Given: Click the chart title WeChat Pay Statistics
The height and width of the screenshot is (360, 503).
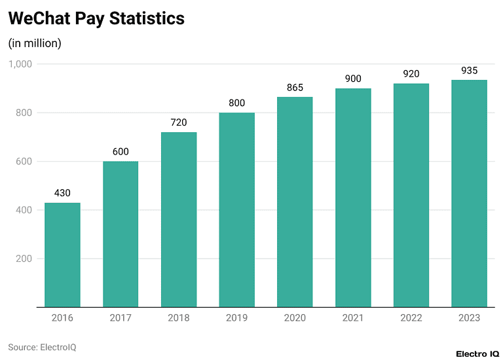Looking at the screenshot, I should pyautogui.click(x=96, y=19).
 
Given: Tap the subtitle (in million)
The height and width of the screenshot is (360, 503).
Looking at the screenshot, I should pyautogui.click(x=35, y=44).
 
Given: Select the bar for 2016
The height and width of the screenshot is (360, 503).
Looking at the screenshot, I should pyautogui.click(x=62, y=255).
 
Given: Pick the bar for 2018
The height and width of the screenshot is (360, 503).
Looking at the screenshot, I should pyautogui.click(x=179, y=219).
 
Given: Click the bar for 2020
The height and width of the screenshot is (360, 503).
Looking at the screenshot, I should pyautogui.click(x=295, y=202).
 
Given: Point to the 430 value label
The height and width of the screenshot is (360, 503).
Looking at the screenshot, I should pyautogui.click(x=62, y=193).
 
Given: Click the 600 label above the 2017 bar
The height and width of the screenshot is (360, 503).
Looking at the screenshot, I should pyautogui.click(x=121, y=152).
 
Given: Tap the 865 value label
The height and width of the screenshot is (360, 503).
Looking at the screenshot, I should pyautogui.click(x=295, y=87).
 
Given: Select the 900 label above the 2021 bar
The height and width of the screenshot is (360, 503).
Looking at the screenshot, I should pyautogui.click(x=353, y=79).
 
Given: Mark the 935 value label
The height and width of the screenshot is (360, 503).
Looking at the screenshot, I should pyautogui.click(x=469, y=70).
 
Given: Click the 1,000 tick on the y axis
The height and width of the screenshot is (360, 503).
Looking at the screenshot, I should pyautogui.click(x=20, y=64).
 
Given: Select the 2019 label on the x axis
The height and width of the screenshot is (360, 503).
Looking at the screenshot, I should pyautogui.click(x=236, y=318).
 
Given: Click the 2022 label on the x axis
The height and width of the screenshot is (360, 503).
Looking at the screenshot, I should pyautogui.click(x=411, y=318).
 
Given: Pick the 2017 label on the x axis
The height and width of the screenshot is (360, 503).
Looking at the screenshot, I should pyautogui.click(x=121, y=318).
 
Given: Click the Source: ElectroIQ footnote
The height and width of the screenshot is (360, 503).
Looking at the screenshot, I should pyautogui.click(x=42, y=347).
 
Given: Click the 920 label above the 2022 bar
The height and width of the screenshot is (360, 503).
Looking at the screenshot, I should pyautogui.click(x=411, y=74).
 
